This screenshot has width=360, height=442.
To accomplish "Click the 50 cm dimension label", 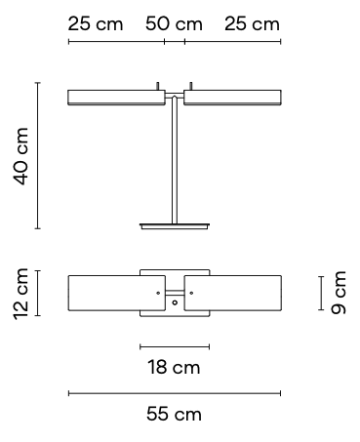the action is click(174, 24).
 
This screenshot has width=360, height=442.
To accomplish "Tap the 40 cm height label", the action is click(20, 156).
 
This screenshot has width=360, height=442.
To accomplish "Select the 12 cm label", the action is click(20, 294).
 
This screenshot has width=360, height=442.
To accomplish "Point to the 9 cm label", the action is click(339, 293).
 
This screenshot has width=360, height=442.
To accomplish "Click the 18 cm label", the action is click(174, 367).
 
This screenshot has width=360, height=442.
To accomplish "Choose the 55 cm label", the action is click(174, 414).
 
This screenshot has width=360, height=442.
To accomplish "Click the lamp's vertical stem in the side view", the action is click(175, 160).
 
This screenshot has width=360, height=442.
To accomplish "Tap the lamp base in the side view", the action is click(175, 226).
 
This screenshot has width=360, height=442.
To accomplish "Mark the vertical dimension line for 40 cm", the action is click(38, 155).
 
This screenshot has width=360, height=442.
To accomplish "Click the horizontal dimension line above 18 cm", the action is click(175, 346).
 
